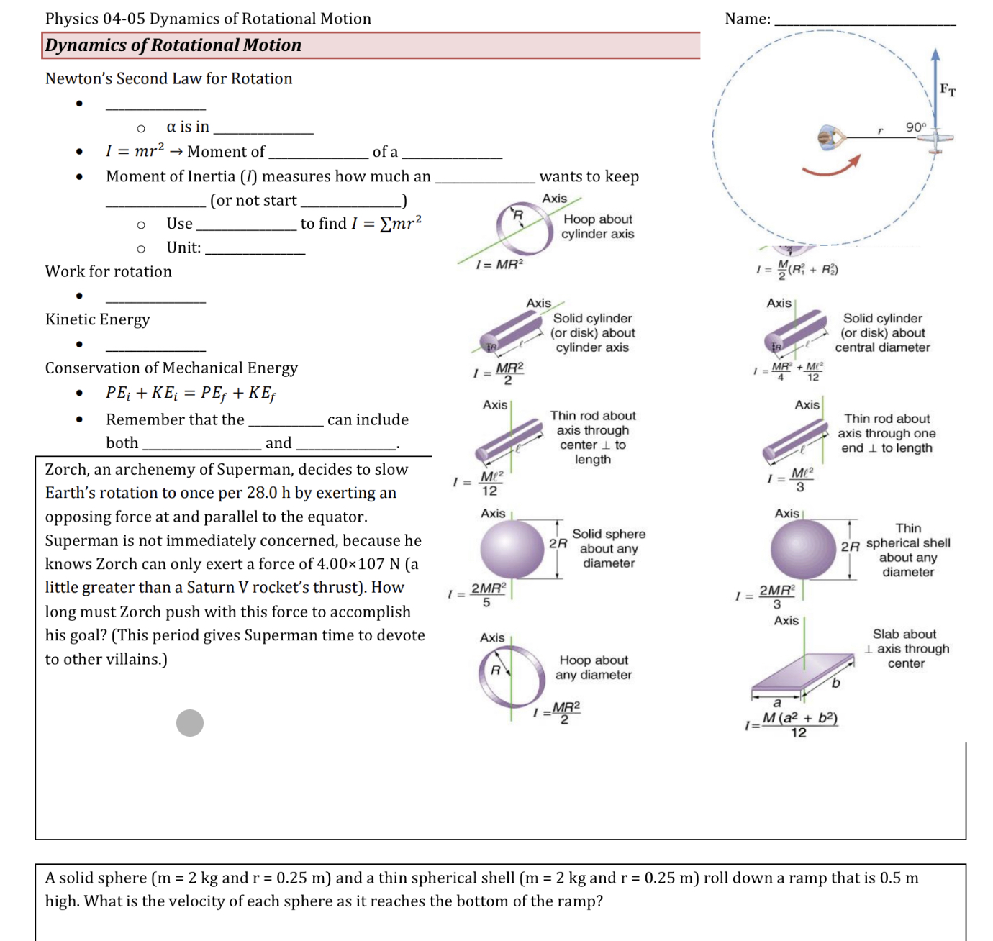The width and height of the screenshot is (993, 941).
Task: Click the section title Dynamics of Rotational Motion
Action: (173, 45)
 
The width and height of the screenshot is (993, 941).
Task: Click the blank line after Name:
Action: (864, 22)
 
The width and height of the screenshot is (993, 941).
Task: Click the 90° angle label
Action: (915, 127)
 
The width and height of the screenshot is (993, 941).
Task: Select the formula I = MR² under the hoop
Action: (499, 265)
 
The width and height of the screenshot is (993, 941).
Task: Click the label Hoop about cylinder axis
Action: (598, 227)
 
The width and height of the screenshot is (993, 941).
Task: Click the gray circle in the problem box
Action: (190, 722)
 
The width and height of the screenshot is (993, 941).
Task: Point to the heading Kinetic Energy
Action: (98, 319)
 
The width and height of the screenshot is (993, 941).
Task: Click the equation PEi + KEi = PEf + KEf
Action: (191, 393)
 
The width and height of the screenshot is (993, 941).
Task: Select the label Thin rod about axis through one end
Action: (887, 433)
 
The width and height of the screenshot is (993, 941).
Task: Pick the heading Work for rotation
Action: (109, 272)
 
